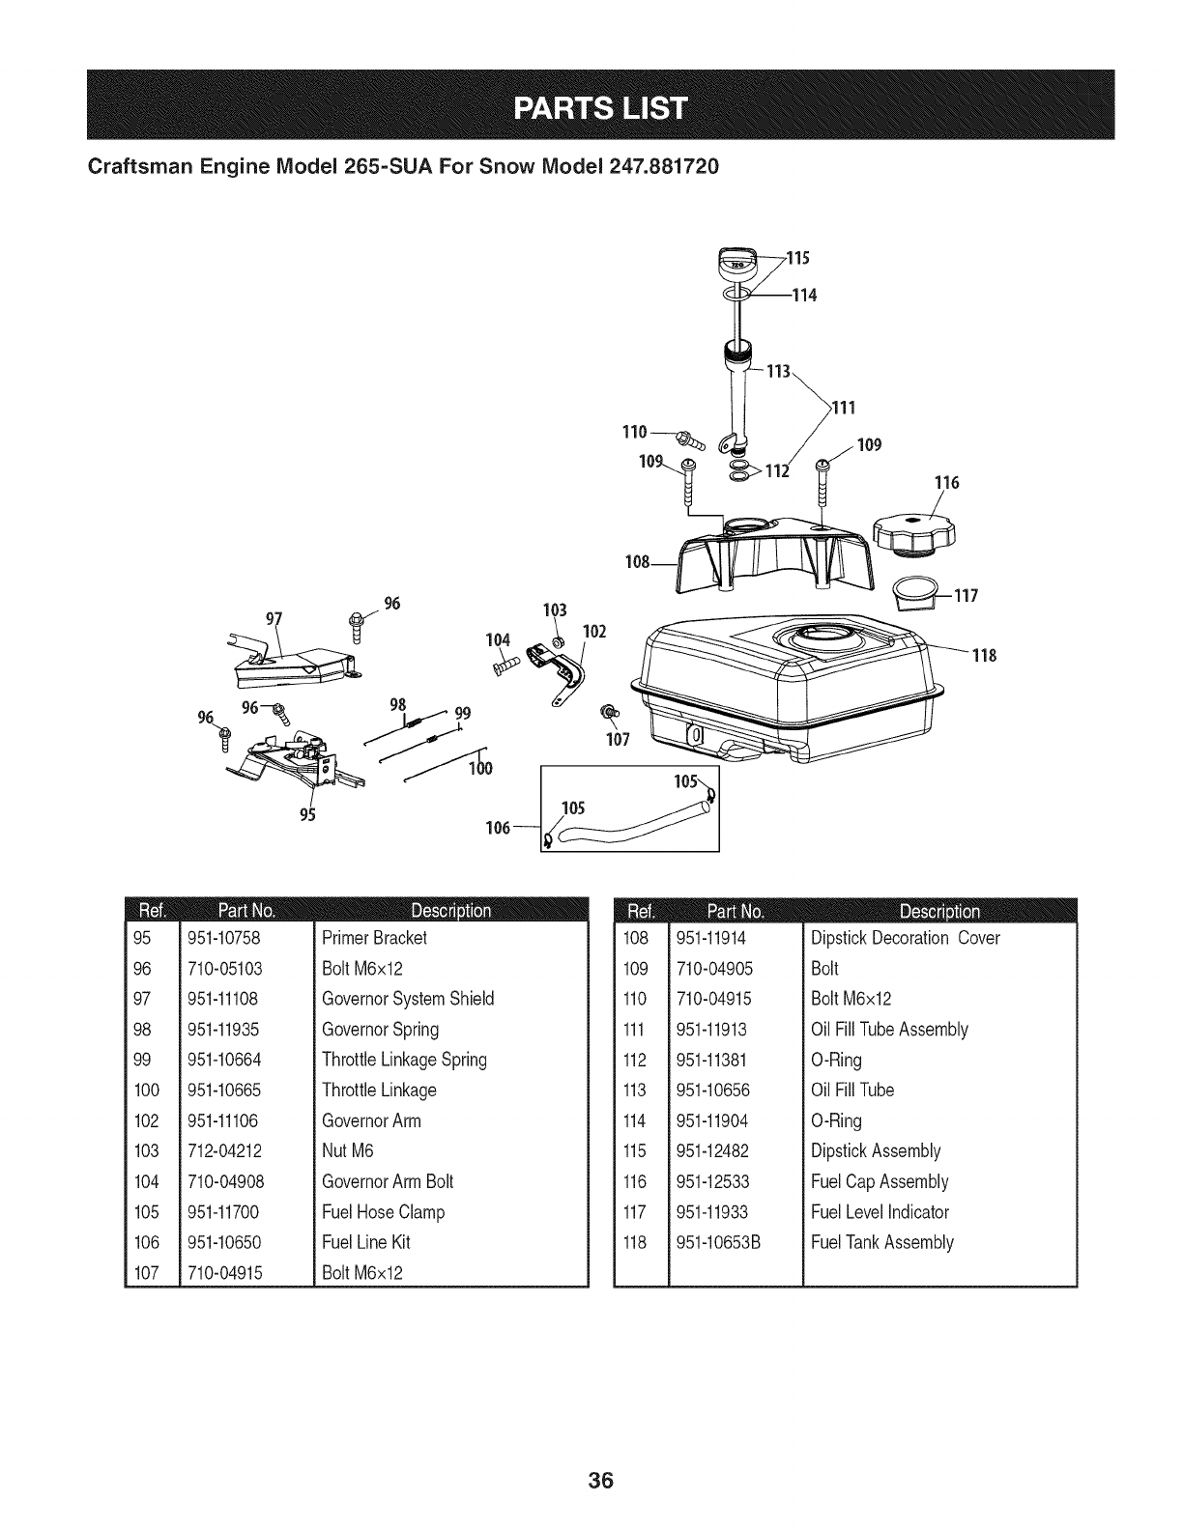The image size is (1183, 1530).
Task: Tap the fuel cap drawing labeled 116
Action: tap(912, 535)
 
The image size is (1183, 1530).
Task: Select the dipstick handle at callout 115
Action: tap(739, 264)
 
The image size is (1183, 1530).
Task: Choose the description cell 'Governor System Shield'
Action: tap(408, 999)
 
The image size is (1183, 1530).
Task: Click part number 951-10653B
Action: tap(719, 1242)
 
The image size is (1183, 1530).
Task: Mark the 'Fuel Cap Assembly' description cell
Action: tap(880, 1181)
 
